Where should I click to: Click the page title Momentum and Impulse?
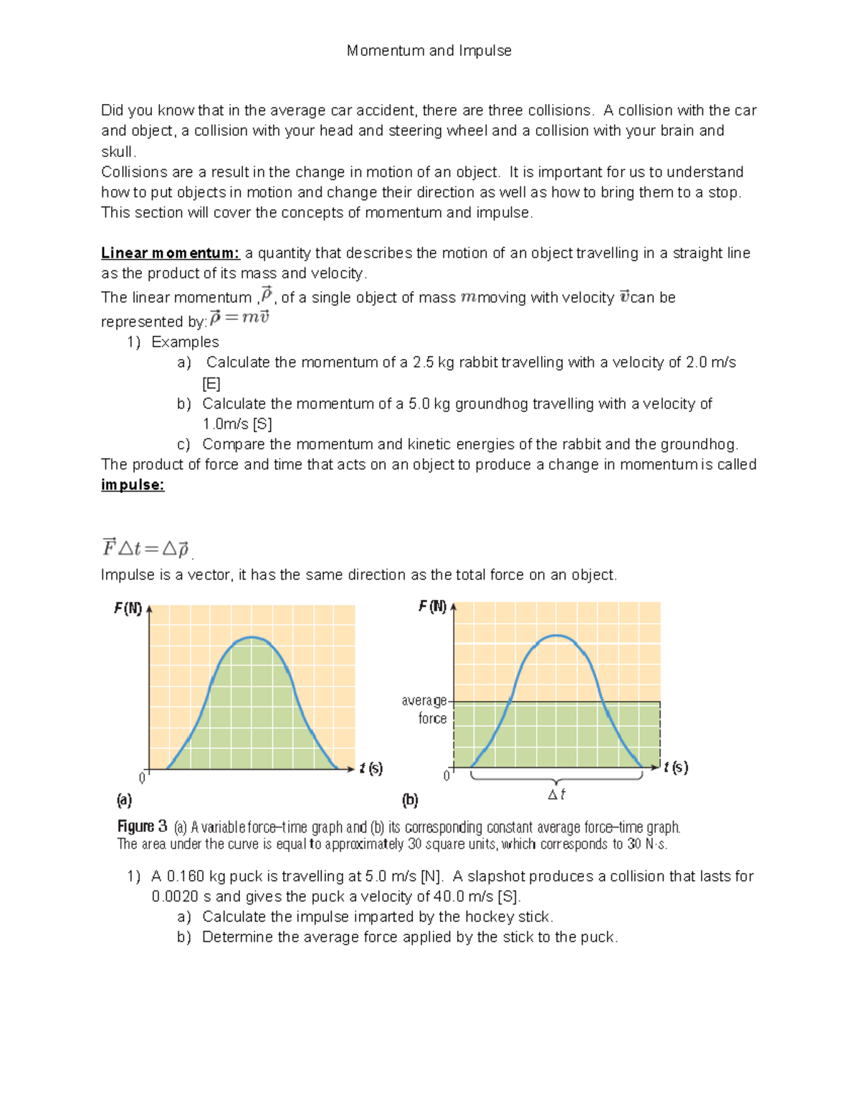click(x=429, y=51)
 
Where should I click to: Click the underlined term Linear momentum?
click(x=170, y=253)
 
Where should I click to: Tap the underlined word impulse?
click(x=133, y=485)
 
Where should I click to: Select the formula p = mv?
click(x=239, y=317)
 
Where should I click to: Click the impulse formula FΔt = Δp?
click(x=145, y=549)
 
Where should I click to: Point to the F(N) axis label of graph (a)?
click(x=128, y=609)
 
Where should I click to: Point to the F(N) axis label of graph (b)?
click(x=432, y=607)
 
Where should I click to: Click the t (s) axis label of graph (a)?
click(x=371, y=768)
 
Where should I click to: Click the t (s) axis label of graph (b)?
click(x=676, y=768)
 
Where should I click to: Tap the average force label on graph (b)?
click(x=426, y=710)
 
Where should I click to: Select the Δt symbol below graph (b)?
click(x=557, y=794)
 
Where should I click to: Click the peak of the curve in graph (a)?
click(x=252, y=637)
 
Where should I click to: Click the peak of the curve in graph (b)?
click(x=557, y=635)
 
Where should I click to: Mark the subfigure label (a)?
click(x=124, y=800)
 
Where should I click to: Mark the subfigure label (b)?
click(x=410, y=800)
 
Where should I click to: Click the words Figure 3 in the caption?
click(x=142, y=826)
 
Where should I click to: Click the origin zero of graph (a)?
click(x=142, y=778)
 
